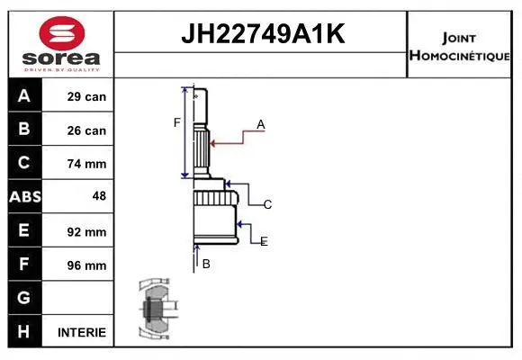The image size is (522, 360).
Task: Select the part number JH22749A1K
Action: (262, 34)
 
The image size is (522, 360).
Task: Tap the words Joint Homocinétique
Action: (459, 46)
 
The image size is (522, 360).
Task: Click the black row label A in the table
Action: (24, 96)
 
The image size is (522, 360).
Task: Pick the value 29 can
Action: (86, 96)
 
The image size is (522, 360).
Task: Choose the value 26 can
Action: (86, 130)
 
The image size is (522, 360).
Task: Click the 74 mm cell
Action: (86, 164)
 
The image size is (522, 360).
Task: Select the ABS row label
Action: (24, 197)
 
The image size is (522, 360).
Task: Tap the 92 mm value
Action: (86, 231)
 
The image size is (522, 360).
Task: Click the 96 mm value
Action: (86, 265)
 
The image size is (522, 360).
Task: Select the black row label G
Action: (24, 298)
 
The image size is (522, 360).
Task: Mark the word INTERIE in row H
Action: (81, 332)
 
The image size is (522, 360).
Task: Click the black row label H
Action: (24, 332)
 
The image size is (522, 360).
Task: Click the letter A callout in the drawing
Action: (260, 125)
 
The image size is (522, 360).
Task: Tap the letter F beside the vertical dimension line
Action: (177, 122)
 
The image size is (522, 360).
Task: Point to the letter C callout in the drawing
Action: (267, 205)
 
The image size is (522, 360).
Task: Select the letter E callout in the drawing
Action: (264, 241)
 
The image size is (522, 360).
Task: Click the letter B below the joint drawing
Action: (206, 264)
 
